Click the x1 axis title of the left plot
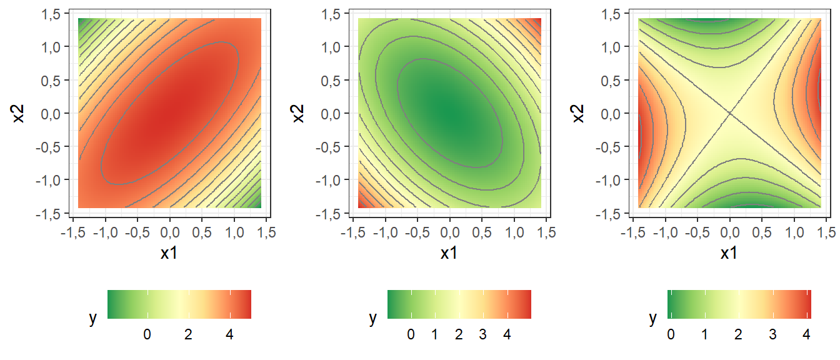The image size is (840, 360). pos(169,253)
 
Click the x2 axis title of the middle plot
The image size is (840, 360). pos(299,113)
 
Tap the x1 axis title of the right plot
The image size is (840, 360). pos(729,253)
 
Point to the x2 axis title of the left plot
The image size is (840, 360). pos(19,113)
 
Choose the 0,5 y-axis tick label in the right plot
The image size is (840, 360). pos(616,80)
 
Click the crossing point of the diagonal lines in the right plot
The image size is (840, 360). pos(729,113)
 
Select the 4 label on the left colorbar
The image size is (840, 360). pos(229,334)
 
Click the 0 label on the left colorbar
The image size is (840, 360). pos(147,334)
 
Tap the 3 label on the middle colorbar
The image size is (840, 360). pos(482,334)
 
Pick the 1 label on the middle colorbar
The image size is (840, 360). pos(434,334)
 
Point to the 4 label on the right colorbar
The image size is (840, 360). pos(807,334)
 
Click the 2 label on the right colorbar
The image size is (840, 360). pos(739,334)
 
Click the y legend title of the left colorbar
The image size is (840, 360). pos(93,318)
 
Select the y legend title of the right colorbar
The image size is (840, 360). pos(653,318)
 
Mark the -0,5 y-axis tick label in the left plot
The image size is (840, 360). pos(54,147)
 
